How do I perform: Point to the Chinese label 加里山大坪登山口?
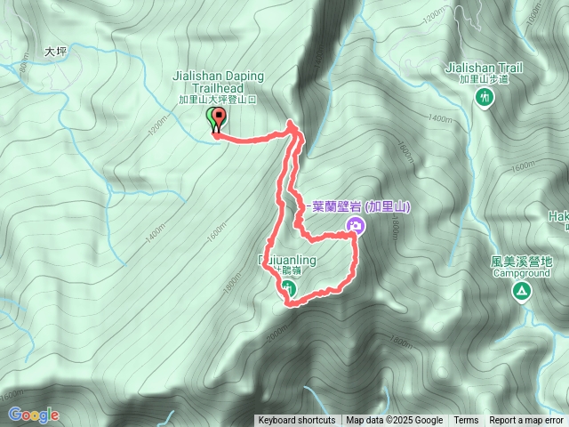(217, 101)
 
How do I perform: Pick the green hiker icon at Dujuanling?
(290, 287)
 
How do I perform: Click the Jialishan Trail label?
(485, 68)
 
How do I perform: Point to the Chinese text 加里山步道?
(485, 79)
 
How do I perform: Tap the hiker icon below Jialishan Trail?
(485, 97)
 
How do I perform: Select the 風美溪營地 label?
(521, 262)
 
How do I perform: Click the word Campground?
(521, 273)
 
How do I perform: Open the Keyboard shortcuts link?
(296, 421)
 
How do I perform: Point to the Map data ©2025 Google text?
(394, 421)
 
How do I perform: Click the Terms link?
(466, 421)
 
